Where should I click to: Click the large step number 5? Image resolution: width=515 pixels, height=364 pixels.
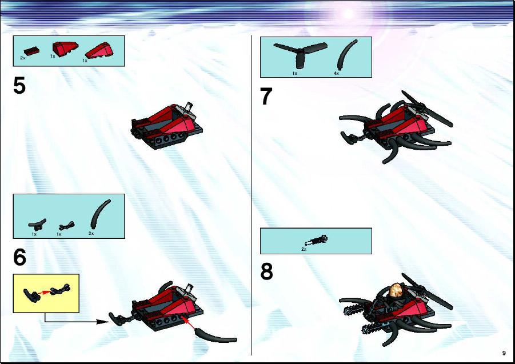point(19,85)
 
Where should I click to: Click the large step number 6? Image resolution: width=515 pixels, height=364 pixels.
point(19,257)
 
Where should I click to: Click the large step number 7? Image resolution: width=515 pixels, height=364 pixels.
point(266,96)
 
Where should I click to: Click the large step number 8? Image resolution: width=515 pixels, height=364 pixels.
point(267,271)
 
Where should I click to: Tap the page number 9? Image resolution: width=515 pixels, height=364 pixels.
point(504,353)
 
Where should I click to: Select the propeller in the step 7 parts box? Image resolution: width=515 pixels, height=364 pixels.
point(300,53)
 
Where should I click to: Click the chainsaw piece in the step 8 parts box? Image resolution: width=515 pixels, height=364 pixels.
point(316,241)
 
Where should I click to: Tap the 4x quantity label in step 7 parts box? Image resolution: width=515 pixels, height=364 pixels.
point(336,74)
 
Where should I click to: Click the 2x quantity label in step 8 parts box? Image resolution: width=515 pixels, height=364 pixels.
point(304,250)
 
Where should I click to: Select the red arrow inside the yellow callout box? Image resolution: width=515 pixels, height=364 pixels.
point(45,291)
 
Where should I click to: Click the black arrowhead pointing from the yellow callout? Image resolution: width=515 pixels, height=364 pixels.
point(103,322)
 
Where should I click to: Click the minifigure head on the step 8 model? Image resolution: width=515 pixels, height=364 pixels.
point(395,290)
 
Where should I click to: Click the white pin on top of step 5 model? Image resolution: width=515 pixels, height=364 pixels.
point(189,106)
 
